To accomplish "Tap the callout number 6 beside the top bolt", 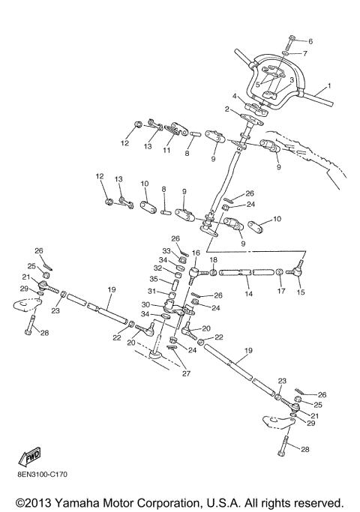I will tap(310, 40).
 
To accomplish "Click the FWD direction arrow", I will tap(30, 457).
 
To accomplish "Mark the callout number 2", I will tap(227, 109).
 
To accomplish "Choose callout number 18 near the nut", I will tap(213, 260).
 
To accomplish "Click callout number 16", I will tap(196, 253).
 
